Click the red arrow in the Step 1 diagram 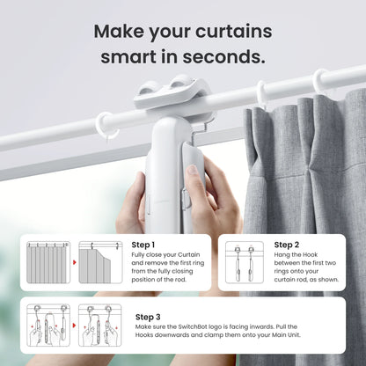tap(73, 262)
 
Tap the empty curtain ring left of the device tap(106, 125)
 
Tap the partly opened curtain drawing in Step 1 tap(98, 262)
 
